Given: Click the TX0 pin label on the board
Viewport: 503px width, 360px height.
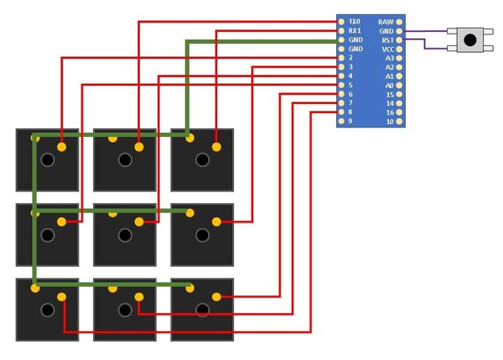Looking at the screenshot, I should coord(354,21).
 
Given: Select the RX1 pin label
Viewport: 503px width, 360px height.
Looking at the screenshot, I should coord(354,30).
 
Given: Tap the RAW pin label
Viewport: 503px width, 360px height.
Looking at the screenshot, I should coord(386,21).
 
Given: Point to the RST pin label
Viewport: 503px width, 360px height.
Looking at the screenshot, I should coord(387,39).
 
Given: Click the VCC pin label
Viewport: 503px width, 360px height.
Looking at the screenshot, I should coord(387,49).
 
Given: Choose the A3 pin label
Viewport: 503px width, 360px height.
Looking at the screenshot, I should coord(389,58).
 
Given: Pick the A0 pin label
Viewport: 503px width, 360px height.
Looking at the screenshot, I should coord(389,85).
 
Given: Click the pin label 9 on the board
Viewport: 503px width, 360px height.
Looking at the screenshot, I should coord(350,122).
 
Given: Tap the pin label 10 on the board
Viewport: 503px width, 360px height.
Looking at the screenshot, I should coord(390,122).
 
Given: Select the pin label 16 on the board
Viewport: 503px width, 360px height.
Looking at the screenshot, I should coord(390,112).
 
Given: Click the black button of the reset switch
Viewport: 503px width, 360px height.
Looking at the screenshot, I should coord(470,39).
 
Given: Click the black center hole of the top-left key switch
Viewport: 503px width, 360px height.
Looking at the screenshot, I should coord(48,159).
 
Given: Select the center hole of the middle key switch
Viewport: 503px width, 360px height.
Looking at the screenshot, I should coord(125,235).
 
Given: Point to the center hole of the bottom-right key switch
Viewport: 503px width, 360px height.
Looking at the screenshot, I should coord(202,310).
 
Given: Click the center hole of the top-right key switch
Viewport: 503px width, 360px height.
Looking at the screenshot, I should coord(202,159).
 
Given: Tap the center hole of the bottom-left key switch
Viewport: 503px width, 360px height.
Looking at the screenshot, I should coord(48,310).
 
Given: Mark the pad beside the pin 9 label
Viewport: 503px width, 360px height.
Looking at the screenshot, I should coord(340,122).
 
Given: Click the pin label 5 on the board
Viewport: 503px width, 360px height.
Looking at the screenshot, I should coord(350,85).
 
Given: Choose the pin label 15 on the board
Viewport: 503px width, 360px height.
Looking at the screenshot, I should coord(390,94).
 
